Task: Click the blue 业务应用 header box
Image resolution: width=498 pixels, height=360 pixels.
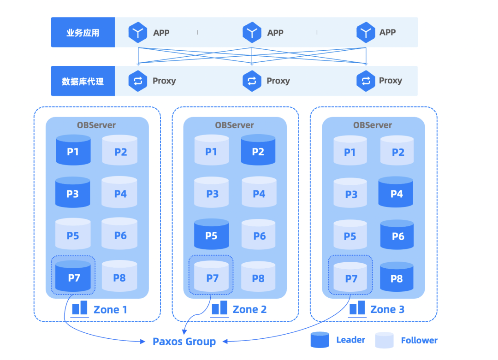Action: click(x=83, y=32)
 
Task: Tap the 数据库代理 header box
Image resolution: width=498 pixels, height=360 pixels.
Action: click(x=83, y=81)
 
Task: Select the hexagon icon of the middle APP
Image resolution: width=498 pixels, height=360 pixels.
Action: click(x=252, y=32)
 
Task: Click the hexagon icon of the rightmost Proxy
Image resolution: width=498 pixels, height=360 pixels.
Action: click(x=366, y=81)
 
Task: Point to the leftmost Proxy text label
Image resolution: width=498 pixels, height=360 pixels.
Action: click(x=164, y=81)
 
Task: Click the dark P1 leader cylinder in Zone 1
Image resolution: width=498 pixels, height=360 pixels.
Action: click(x=73, y=150)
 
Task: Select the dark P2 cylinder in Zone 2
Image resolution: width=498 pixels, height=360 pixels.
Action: click(x=258, y=150)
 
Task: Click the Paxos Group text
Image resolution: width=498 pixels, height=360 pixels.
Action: click(x=184, y=342)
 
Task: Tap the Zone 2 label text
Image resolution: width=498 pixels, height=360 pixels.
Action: click(x=249, y=309)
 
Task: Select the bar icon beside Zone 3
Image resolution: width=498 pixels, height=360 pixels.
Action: click(x=357, y=308)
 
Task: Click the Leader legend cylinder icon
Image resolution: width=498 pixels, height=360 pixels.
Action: click(x=320, y=340)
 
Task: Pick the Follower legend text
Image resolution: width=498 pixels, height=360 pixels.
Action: click(x=419, y=341)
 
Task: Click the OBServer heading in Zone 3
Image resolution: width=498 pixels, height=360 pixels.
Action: click(x=373, y=125)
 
